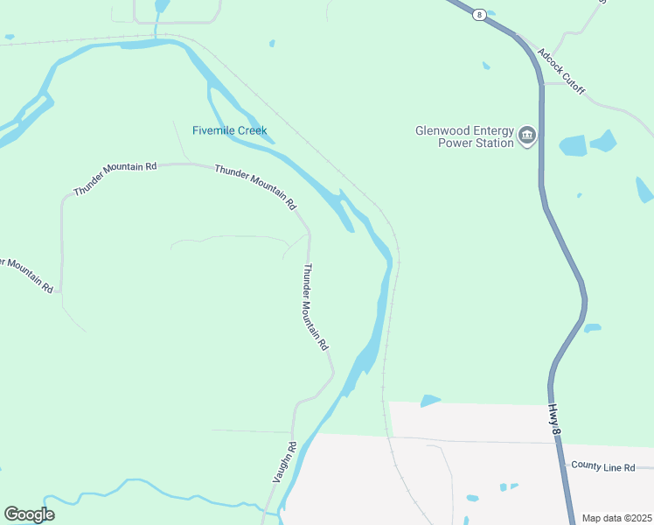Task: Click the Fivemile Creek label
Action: coord(229,131)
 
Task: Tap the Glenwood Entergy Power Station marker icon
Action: coord(527,136)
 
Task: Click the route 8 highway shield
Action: coord(479,15)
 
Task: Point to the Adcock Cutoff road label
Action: coord(561,72)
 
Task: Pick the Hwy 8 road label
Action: coord(553,416)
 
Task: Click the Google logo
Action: coord(29,514)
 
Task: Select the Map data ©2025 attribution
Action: coord(616,518)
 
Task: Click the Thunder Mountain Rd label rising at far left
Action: coord(115,178)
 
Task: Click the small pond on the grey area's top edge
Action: coord(430,401)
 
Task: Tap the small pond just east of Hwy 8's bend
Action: coord(592,328)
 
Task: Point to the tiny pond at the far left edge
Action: coord(9,37)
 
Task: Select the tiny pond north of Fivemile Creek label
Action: coord(272,43)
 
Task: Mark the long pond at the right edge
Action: coord(644,189)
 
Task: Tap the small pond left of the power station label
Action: coord(485,65)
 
